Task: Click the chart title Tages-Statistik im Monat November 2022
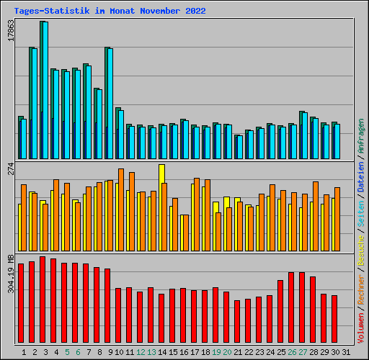110,11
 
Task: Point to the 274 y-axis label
10,168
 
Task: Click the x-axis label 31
346,352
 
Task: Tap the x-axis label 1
24,352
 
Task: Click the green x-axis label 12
141,352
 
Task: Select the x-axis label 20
227,352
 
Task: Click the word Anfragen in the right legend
361,138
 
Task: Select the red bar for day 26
291,308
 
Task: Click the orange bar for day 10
121,209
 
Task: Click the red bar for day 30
334,320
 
